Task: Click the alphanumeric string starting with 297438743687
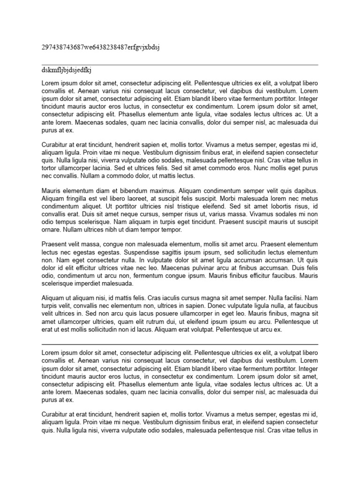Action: click(101, 48)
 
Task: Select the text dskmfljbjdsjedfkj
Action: click(67, 70)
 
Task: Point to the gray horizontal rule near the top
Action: click(180, 65)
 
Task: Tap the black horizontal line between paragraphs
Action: click(180, 345)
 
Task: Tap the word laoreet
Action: click(145, 198)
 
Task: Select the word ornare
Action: click(51, 230)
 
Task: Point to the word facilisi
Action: click(288, 298)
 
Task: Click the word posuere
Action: click(147, 313)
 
